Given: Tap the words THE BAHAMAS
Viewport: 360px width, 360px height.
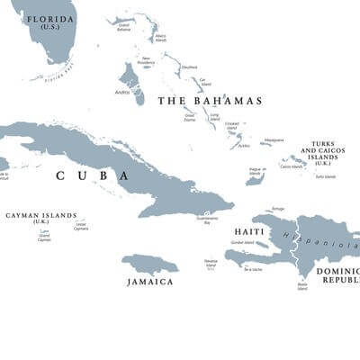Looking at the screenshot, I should tap(210, 101).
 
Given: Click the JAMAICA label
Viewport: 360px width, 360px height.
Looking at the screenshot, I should tap(150, 282).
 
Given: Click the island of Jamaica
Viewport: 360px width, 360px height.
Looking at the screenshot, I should tap(149, 264).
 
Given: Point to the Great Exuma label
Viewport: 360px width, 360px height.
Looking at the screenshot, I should tap(191, 117).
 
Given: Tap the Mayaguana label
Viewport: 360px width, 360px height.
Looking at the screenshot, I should tap(274, 139).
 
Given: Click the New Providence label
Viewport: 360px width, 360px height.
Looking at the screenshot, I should tap(147, 61).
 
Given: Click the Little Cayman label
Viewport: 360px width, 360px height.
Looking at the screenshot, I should tap(81, 227).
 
